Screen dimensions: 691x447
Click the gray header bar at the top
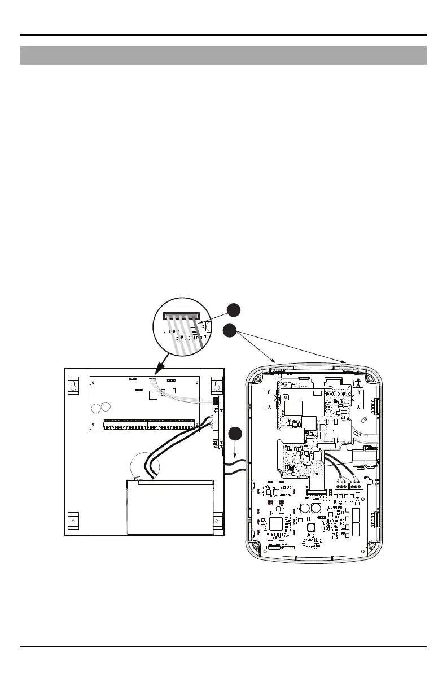tap(224, 55)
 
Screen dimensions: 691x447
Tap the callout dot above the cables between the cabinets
tap(236, 435)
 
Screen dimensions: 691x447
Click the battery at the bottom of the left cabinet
tap(170, 506)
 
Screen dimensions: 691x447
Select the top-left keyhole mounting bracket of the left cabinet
tap(73, 384)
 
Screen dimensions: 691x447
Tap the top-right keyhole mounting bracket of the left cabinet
tap(215, 384)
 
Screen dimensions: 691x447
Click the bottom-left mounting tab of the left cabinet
tap(73, 520)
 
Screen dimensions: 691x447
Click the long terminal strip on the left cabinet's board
tap(150, 422)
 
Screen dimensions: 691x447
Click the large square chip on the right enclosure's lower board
tap(275, 523)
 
